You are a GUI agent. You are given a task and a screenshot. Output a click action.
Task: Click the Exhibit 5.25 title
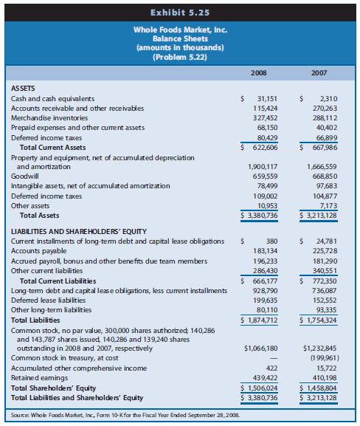click(x=179, y=11)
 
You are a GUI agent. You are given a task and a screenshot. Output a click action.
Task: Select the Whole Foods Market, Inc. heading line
click(x=179, y=30)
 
